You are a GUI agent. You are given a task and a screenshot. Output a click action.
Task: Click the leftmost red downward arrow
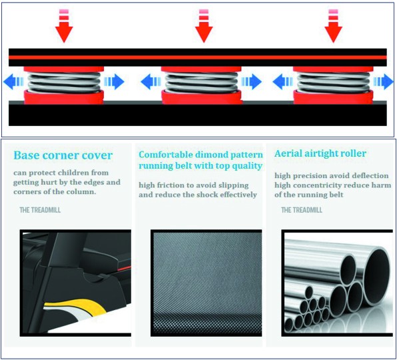64,26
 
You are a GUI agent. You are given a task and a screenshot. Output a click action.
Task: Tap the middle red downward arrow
204,26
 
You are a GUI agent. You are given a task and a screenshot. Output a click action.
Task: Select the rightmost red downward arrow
333,26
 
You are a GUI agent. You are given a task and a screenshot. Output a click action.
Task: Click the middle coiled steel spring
201,82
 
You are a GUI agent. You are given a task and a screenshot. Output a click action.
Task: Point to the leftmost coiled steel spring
64,82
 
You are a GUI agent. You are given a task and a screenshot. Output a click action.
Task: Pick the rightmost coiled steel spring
333,82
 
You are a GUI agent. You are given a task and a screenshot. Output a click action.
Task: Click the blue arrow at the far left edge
13,82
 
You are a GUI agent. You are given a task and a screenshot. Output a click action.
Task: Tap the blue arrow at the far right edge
384,82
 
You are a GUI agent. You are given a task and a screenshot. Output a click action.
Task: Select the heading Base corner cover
63,155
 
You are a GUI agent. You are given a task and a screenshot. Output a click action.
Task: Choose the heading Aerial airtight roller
320,153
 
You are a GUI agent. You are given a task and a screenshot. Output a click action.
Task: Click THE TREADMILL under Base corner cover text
40,210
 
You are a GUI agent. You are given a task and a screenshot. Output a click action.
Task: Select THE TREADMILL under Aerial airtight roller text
302,210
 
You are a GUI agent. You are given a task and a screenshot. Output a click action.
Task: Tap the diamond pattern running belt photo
206,283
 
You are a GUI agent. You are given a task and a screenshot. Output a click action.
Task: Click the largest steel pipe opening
377,274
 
